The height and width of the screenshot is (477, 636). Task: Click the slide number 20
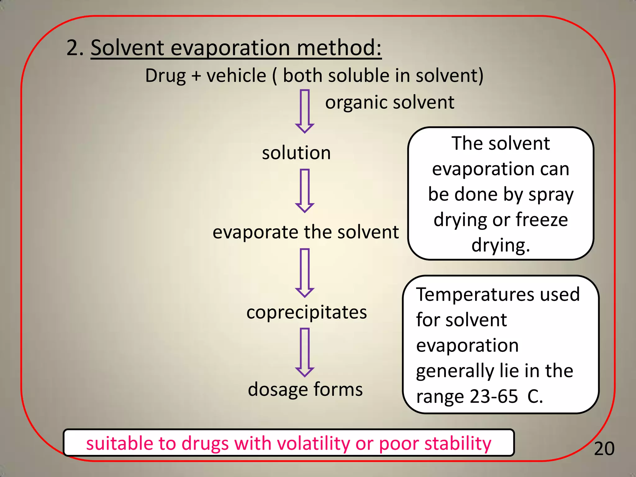(604, 449)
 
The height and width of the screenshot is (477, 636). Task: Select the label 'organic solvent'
(389, 102)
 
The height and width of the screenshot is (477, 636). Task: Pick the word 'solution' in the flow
(296, 153)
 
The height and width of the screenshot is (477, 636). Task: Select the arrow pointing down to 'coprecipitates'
(305, 273)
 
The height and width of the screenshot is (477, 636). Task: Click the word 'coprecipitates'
(307, 312)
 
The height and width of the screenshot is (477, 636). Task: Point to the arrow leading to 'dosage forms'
(305, 352)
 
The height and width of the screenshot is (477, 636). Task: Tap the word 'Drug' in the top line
(166, 76)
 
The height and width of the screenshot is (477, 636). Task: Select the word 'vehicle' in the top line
(236, 76)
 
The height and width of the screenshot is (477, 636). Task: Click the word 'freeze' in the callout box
(542, 220)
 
